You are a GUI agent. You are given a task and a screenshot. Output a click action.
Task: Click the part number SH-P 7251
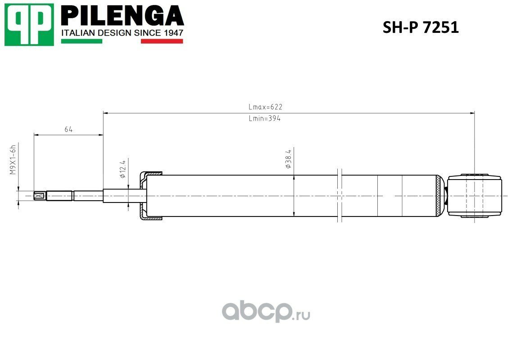421,27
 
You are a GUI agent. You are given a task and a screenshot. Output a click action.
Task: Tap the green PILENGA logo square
29,25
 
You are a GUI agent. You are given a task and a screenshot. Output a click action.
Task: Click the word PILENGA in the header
122,16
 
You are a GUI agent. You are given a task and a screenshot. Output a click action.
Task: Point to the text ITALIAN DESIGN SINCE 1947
122,33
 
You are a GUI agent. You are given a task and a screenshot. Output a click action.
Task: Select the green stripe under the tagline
82,41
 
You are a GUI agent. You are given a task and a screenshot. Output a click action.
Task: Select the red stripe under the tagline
162,41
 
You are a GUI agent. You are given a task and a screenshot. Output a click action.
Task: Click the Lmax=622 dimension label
266,107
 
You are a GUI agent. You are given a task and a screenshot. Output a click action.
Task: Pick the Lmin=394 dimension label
264,118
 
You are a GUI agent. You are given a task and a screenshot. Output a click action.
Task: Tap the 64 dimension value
68,129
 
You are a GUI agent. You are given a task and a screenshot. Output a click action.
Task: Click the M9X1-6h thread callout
13,159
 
